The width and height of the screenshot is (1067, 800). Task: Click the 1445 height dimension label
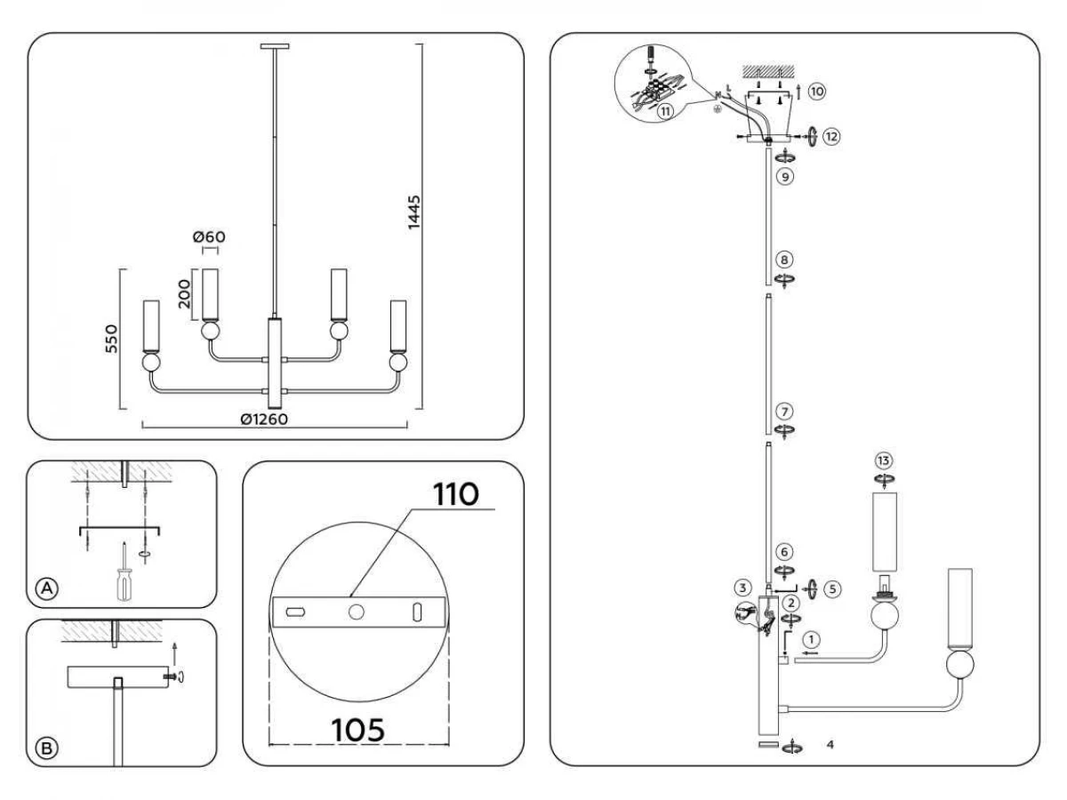pos(413,212)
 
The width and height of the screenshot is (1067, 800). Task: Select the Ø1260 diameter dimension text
pos(264,419)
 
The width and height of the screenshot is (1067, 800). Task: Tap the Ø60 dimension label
pos(209,237)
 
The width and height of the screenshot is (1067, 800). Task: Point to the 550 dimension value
pos(111,339)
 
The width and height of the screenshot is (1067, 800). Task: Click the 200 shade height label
pos(184,294)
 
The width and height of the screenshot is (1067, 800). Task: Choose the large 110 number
pos(456,495)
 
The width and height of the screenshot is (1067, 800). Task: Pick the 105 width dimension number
pos(357,730)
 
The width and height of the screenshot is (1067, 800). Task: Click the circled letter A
pos(47,588)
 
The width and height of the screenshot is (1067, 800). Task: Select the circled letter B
pos(47,748)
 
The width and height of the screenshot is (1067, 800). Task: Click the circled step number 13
pos(884,461)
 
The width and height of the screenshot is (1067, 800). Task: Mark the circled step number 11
pos(665,112)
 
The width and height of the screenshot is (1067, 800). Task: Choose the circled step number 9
pos(785,176)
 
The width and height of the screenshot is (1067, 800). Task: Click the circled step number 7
pos(784,412)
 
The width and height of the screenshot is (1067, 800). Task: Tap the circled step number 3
pos(742,588)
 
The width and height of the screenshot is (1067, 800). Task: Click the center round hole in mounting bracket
pos(357,612)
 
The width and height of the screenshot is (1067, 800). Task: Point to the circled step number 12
pos(831,137)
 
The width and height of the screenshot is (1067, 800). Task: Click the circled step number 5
pos(832,589)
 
